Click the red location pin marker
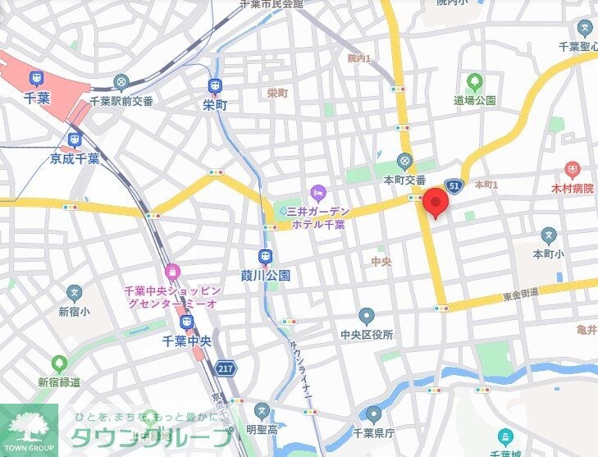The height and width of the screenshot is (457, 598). (435, 201)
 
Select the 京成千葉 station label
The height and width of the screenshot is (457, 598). (75, 158)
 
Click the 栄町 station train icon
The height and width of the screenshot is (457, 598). (214, 85)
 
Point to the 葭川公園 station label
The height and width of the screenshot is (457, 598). (265, 276)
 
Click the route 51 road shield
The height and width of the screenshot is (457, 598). (452, 185)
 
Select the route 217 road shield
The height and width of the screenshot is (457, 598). (226, 369)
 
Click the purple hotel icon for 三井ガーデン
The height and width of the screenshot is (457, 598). (317, 193)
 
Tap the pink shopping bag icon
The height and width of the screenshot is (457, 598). (171, 271)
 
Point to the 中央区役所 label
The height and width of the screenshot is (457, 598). (367, 335)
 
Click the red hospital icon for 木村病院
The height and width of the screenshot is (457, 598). (572, 171)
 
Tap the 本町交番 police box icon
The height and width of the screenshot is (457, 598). (404, 161)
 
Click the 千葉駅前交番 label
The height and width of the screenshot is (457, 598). (122, 102)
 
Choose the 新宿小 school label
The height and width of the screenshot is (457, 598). (75, 312)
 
